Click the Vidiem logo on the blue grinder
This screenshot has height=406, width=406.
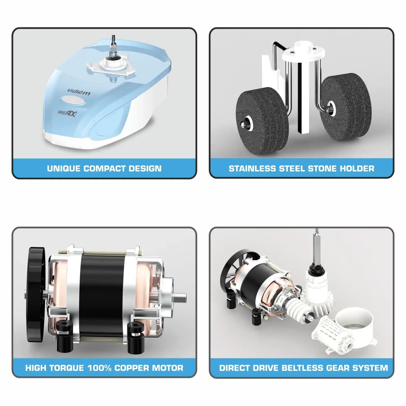[79, 92]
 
